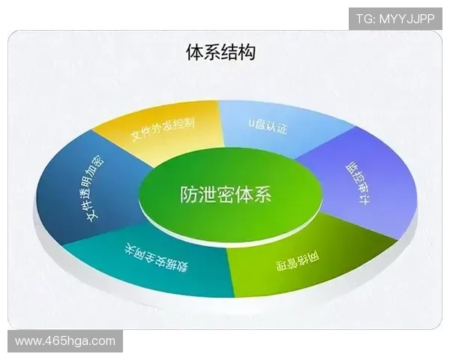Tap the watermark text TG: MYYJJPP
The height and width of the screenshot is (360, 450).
[x=395, y=19]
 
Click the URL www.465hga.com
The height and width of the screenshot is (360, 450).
[x=65, y=341]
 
